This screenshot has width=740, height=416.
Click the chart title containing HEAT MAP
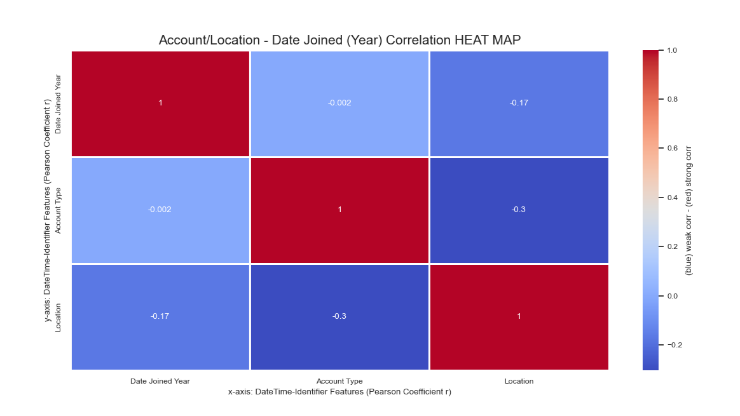[x=339, y=40]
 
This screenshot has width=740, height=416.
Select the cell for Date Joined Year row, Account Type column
[x=339, y=104]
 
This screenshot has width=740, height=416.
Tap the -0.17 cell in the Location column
[x=519, y=104]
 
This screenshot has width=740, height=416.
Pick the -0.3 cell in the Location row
[x=339, y=317]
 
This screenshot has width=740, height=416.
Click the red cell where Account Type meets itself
[x=339, y=210]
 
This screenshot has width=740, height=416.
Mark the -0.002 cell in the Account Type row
[x=160, y=210]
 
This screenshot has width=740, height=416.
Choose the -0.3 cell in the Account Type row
[x=519, y=210]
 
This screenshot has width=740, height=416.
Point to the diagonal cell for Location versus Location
[x=519, y=317]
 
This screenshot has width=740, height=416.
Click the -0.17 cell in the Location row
[x=160, y=317]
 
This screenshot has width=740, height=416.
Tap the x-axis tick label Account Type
[x=339, y=381]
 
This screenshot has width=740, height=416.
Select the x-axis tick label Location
[x=519, y=381]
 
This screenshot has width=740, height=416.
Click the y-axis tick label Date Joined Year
[x=58, y=104]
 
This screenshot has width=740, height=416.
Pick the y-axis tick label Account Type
[x=58, y=210]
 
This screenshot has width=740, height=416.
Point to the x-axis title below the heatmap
[x=339, y=391]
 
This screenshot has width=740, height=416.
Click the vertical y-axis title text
[x=47, y=210]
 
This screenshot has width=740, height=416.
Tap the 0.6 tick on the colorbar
[x=673, y=148]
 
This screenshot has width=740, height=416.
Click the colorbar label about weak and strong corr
[x=689, y=210]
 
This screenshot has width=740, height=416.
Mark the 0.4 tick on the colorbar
[x=673, y=197]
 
